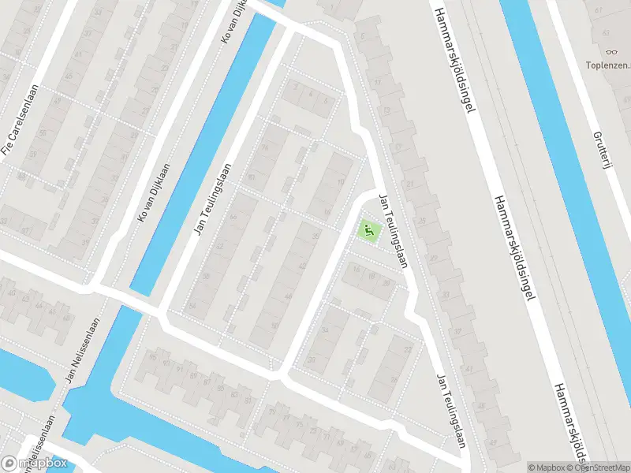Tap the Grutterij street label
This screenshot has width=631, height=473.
[x=603, y=155]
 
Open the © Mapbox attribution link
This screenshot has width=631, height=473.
[x=547, y=467]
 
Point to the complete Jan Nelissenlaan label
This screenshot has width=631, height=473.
[x=82, y=350]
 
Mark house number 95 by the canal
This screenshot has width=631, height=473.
[x=153, y=358]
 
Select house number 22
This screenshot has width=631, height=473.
[x=407, y=348]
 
